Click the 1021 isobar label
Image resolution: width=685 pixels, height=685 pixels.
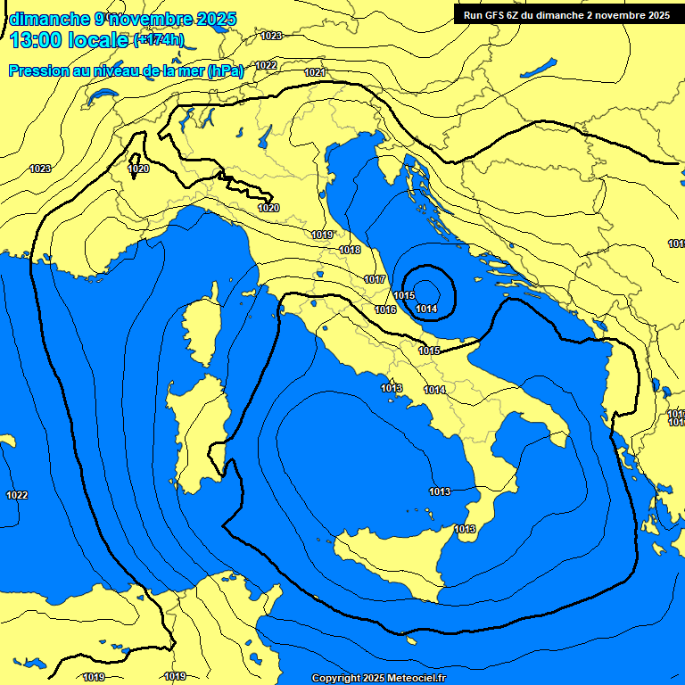pos(315,72)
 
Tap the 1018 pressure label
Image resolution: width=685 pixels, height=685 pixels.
pos(350,251)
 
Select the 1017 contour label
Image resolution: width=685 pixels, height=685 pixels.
pos(375,280)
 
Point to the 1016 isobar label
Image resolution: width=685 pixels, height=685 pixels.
pos(385,309)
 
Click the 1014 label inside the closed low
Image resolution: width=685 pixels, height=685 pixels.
pos(426,309)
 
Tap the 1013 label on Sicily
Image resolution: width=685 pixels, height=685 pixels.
pos(464,529)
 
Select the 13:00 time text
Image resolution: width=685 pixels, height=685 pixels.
pos(37,40)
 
